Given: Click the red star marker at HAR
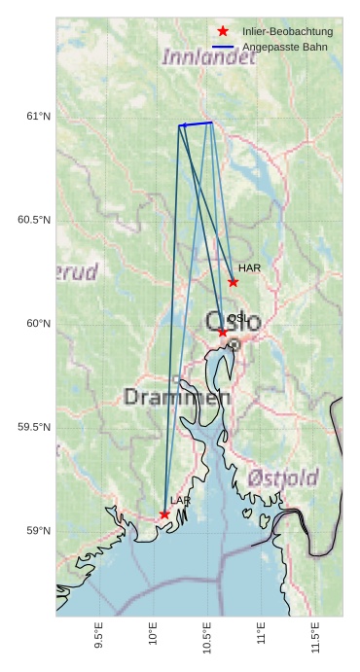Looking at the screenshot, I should coord(233,282).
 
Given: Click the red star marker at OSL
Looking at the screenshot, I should coord(223,333).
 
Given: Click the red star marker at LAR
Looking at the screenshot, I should coord(164,514).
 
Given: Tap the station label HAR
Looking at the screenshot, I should coord(249,267).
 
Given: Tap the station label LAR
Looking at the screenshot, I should coord(180,500).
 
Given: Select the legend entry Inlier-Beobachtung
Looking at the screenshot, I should coord(287,32).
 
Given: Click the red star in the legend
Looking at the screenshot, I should coord(223,32).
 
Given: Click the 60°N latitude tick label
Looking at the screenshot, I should coord(38,324).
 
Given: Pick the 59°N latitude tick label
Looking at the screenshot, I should coord(38,531).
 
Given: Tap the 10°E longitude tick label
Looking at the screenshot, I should coord(153,631).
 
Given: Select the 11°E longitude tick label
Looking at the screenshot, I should coord(261,631).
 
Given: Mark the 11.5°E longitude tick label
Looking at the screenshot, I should coord(315,633).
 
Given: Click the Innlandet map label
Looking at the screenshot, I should coord(208,56).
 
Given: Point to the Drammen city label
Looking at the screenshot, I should coord(177,397).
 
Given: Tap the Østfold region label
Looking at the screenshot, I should coord(283,477).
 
